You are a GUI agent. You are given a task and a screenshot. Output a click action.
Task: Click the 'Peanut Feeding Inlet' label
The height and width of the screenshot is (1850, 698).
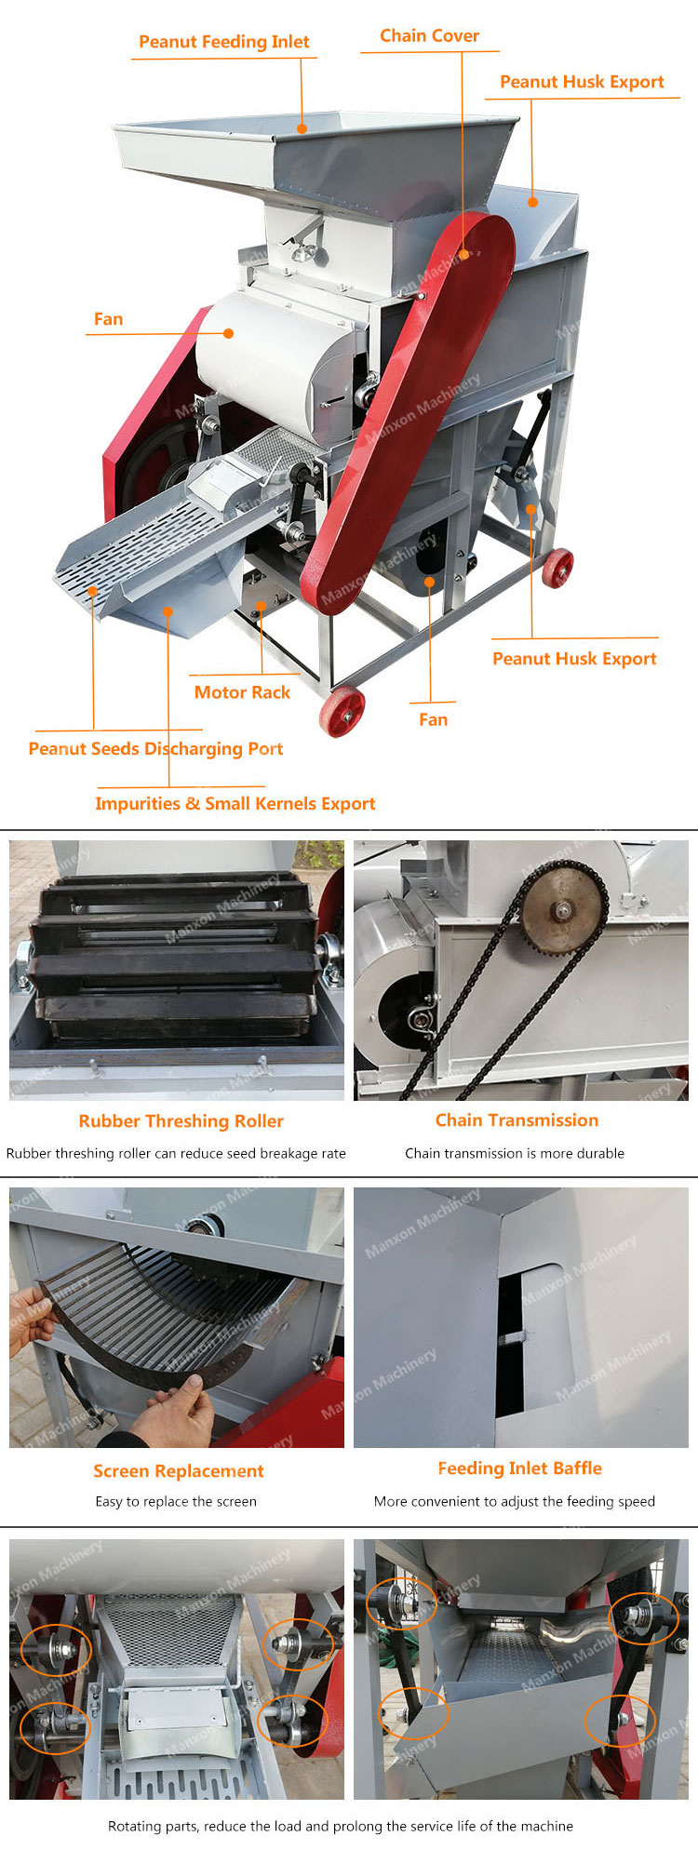(x=223, y=42)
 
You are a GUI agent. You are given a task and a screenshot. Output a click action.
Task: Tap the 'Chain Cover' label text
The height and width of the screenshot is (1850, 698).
(x=429, y=35)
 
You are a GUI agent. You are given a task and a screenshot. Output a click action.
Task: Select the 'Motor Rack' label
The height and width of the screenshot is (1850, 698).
(x=242, y=691)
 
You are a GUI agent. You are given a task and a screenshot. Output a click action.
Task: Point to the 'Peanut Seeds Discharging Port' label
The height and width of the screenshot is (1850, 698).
(x=155, y=748)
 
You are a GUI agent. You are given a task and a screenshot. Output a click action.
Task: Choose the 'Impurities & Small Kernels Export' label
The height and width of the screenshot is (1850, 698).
(x=235, y=803)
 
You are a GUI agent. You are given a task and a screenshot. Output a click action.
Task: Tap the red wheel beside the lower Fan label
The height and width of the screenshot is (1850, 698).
(x=342, y=712)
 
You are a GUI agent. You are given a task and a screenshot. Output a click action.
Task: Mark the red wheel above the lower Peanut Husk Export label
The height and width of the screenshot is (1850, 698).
(x=557, y=568)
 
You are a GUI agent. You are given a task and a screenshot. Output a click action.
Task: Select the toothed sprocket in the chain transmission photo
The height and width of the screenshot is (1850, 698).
(x=563, y=907)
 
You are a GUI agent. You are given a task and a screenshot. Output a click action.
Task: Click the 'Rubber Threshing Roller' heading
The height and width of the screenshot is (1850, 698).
(x=181, y=1121)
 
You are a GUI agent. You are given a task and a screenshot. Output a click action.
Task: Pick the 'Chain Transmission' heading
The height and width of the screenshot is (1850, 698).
(x=517, y=1120)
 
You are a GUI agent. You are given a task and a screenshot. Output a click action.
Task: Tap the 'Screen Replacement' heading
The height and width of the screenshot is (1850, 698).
(x=178, y=1471)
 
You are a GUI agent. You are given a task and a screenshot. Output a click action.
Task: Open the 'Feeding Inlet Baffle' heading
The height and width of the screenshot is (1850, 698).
(x=519, y=1468)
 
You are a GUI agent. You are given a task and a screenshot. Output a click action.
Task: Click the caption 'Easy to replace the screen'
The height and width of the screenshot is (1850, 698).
(x=175, y=1501)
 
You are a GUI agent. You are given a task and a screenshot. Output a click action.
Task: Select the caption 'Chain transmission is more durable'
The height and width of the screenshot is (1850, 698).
(x=514, y=1153)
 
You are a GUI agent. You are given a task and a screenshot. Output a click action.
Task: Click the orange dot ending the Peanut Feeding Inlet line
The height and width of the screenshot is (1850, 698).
(x=302, y=127)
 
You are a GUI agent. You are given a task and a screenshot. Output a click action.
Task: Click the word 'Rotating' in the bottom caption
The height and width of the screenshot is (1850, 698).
(x=134, y=1826)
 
